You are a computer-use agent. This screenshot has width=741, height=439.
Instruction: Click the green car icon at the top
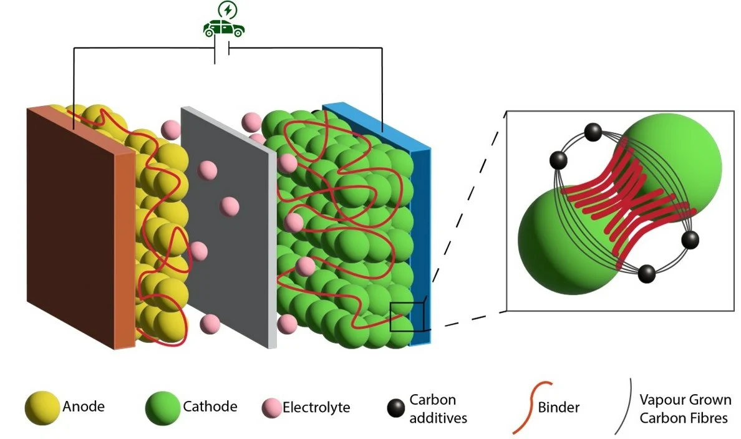[224, 28]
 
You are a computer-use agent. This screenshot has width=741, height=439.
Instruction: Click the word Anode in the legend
[84, 407]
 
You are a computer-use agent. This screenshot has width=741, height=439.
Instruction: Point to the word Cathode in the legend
[210, 407]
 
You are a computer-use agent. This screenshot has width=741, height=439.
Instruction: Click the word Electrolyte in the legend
[316, 408]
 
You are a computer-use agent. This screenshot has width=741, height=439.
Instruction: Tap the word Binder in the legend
[558, 408]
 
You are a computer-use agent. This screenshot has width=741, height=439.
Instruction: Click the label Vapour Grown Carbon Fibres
[685, 408]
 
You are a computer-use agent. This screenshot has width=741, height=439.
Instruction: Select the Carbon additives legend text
[438, 408]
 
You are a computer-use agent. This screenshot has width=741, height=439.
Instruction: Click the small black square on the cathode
[407, 316]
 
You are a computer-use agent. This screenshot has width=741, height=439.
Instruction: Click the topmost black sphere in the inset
[593, 132]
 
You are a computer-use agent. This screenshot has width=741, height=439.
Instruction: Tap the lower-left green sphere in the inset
[561, 240]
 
